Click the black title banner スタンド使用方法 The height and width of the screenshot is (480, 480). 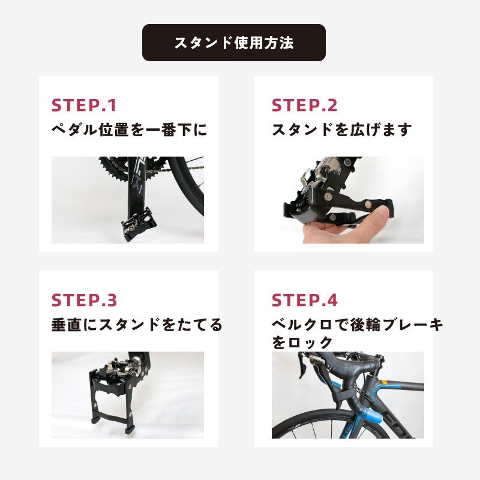point(234,43)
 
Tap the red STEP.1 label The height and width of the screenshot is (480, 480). point(84,106)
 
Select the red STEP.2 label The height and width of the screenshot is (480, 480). point(304,106)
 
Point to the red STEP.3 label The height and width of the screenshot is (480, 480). point(84,300)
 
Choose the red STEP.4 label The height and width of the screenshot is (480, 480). point(305,300)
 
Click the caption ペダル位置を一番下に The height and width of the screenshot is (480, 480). point(129,130)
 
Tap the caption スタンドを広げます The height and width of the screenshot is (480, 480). point(341,130)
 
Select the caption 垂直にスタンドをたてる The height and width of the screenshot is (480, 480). point(137,325)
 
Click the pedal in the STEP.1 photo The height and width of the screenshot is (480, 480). point(137,224)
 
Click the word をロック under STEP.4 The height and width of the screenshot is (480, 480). point(302,342)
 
